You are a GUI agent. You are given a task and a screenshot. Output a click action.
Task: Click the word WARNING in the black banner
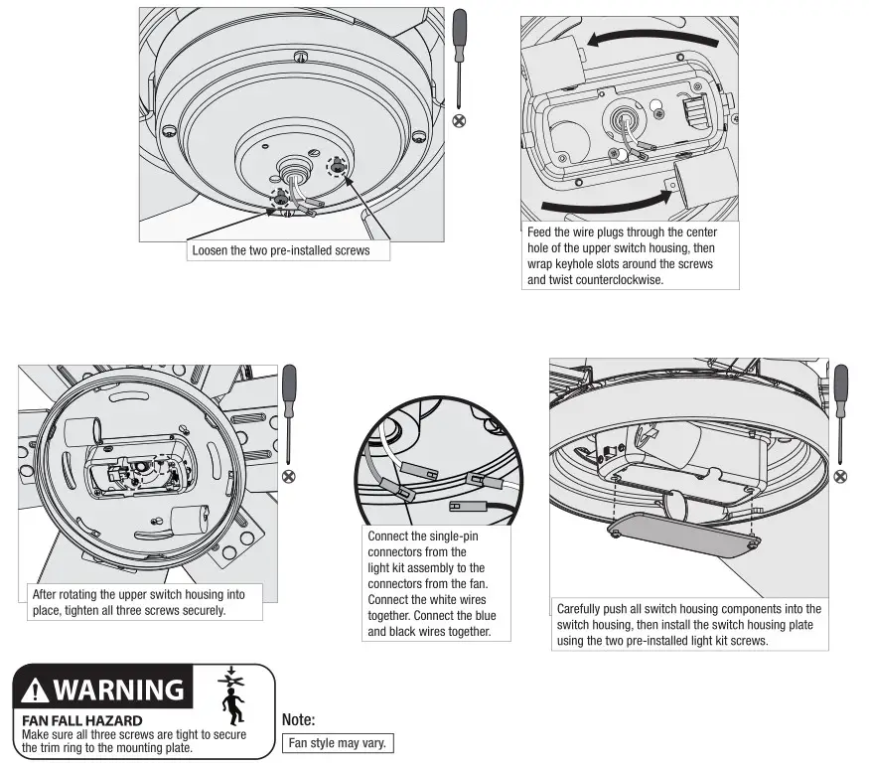click(117, 689)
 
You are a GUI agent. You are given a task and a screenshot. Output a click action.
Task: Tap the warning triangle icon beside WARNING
click(36, 690)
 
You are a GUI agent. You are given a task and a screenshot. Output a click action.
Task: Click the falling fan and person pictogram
click(231, 696)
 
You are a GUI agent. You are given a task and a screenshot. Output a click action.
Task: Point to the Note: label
click(298, 721)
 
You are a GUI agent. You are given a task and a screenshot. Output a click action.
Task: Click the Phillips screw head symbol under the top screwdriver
click(460, 120)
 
